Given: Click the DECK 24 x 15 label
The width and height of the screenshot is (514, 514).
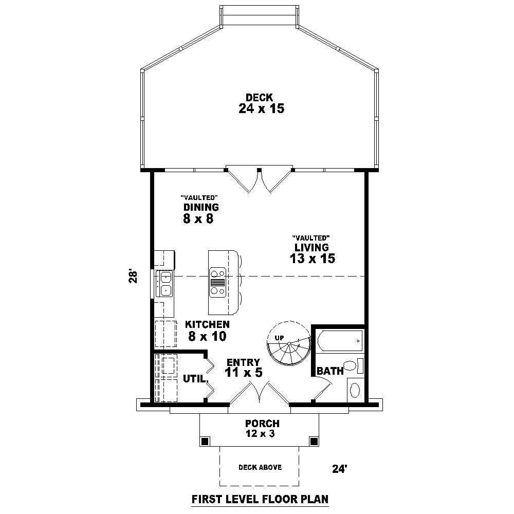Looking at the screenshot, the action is pos(261,103).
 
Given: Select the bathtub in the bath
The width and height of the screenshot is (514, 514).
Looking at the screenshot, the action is pos(340,341).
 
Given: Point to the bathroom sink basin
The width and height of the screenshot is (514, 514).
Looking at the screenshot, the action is pos(355,390).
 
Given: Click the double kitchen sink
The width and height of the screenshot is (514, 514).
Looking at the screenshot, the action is pos(165,284).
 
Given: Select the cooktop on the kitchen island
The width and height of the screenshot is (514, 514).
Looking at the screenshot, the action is pos(217,283).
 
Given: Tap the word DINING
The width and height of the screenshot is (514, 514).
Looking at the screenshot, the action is pos(201,207).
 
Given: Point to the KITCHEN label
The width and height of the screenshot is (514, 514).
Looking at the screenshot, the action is pos(207,324).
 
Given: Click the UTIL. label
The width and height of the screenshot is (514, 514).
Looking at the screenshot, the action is pos(196,379).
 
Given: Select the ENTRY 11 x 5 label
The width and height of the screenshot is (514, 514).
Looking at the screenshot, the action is pos(244,368).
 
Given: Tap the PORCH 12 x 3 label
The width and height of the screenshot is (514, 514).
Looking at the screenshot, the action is pos(262,428).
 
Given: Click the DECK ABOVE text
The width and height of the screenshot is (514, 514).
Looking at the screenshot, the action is pos(260,467).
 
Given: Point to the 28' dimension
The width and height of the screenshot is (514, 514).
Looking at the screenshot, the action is pos(133,277).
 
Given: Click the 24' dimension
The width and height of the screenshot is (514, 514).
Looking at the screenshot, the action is pos(340,469).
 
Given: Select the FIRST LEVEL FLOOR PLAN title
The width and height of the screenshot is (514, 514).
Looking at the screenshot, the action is pos(260,499).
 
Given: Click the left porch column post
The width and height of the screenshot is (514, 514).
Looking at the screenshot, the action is pos(205,441).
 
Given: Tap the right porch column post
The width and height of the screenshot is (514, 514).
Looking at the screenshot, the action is pos(314,441).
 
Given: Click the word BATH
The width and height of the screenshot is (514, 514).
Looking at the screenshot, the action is pos(330,371).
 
